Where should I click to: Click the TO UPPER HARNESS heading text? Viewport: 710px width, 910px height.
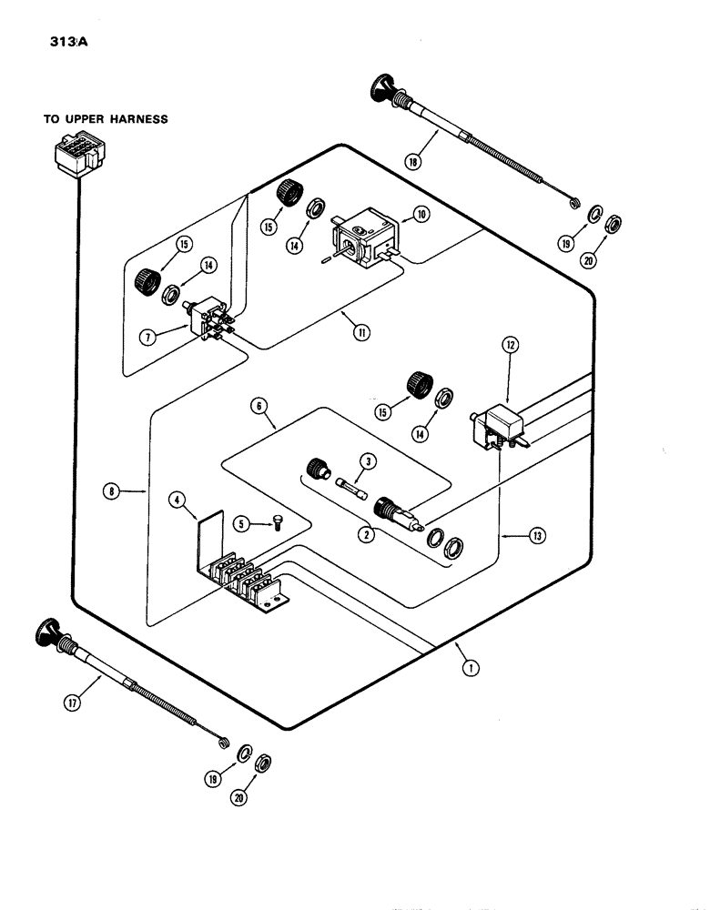106,119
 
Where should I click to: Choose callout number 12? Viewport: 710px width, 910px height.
509,345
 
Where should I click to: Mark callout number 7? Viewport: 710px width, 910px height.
147,337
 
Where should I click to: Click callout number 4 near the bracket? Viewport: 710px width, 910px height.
177,499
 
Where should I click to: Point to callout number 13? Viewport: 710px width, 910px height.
539,536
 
